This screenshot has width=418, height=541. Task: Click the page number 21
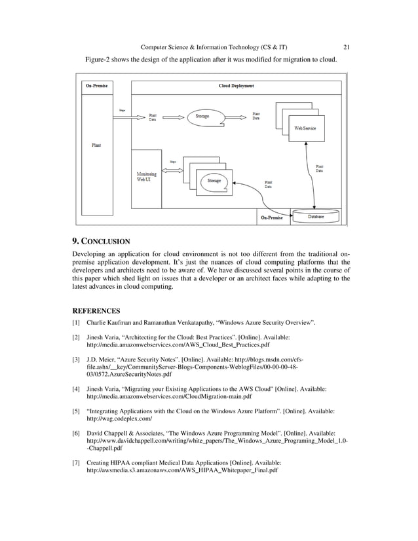pyautogui.click(x=347, y=47)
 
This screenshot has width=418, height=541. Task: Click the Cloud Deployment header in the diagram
pyautogui.click(x=236, y=86)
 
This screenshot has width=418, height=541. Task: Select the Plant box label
pyautogui.click(x=96, y=144)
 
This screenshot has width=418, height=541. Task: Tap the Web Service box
pyautogui.click(x=305, y=128)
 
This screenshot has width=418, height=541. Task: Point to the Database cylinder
pyautogui.click(x=316, y=217)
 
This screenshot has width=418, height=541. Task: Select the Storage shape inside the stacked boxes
pyautogui.click(x=214, y=181)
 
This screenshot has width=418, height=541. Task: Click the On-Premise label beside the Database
pyautogui.click(x=271, y=217)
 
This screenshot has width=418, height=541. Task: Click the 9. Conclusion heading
pyautogui.click(x=101, y=240)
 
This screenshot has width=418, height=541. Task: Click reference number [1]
pyautogui.click(x=76, y=323)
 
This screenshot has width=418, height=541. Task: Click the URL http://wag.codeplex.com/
pyautogui.click(x=119, y=418)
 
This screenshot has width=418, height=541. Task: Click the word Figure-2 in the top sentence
pyautogui.click(x=100, y=60)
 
